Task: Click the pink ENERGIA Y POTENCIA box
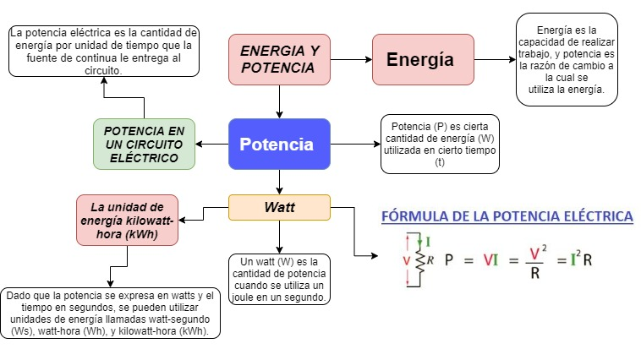[279, 59]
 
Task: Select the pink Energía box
[423, 59]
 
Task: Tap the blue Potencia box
[279, 144]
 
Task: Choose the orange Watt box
[279, 207]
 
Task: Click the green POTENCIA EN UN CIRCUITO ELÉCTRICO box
[144, 144]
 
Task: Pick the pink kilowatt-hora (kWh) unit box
[127, 221]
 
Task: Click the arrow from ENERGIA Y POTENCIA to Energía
[351, 59]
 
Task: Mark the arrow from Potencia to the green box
[212, 144]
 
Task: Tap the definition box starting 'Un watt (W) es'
[279, 279]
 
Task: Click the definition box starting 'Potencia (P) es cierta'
[440, 144]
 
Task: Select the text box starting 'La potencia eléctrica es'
[102, 51]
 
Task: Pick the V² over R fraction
[534, 261]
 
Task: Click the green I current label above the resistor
[428, 242]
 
